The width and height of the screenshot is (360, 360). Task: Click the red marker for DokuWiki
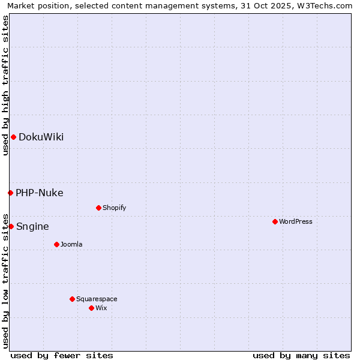(13, 137)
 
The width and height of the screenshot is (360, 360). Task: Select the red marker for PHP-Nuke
(10, 193)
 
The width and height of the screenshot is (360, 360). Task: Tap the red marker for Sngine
(11, 226)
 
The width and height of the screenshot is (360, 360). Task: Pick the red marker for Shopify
(98, 208)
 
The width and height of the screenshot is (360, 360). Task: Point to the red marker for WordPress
(275, 221)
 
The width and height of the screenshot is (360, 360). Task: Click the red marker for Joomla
(56, 244)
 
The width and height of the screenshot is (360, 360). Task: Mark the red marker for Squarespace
(72, 299)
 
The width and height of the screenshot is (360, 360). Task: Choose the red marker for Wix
(91, 308)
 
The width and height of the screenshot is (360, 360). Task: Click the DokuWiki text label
(41, 137)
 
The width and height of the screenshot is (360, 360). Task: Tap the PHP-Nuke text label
(40, 193)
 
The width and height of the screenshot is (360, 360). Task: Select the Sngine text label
(32, 227)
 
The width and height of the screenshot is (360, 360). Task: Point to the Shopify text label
(114, 208)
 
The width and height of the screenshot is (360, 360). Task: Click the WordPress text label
(296, 221)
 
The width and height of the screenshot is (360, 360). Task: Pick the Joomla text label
(71, 244)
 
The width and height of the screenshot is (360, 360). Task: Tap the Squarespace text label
(97, 299)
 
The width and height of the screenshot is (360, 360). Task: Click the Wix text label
(101, 308)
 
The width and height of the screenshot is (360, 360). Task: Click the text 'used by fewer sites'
(62, 355)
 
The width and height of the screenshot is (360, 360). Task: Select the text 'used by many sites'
(301, 355)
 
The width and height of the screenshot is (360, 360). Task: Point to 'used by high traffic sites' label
(5, 85)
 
